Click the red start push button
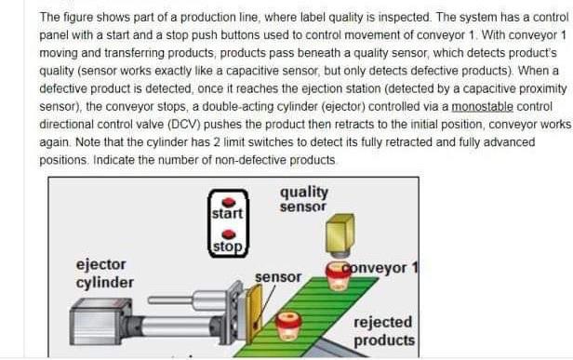[x=227, y=199]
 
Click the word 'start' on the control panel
[x=227, y=214]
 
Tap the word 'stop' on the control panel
[x=227, y=247]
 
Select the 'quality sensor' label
[x=303, y=199]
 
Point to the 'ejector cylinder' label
[x=104, y=273]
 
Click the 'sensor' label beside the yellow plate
[x=278, y=277]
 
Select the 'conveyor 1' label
[x=380, y=268]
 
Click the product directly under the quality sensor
[x=340, y=275]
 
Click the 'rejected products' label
[x=383, y=331]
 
